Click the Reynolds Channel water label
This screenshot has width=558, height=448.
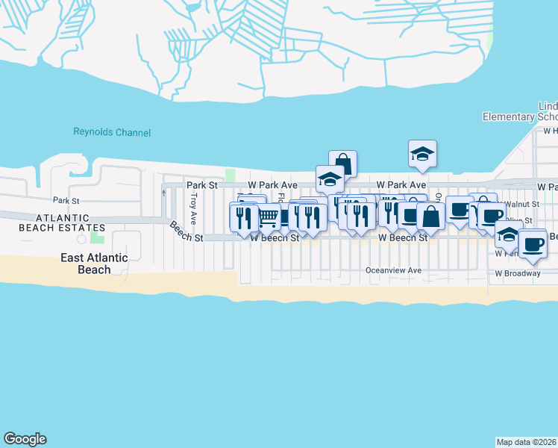pyautogui.click(x=112, y=132)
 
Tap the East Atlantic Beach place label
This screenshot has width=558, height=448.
pyautogui.click(x=93, y=263)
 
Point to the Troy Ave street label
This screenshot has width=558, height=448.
pyautogui.click(x=193, y=209)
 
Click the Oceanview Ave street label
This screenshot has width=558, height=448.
pyautogui.click(x=393, y=270)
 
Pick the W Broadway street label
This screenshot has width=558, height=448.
pyautogui.click(x=517, y=273)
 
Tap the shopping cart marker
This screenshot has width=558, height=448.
pyautogui.click(x=268, y=217)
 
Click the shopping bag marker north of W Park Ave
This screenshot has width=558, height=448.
pyautogui.click(x=342, y=164)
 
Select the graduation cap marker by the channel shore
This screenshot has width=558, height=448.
pyautogui.click(x=422, y=154)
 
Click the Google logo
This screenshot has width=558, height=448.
pyautogui.click(x=25, y=439)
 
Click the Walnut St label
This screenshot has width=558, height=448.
pyautogui.click(x=521, y=204)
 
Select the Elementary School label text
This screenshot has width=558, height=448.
pyautogui.click(x=520, y=116)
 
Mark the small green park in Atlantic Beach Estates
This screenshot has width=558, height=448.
pyautogui.click(x=96, y=237)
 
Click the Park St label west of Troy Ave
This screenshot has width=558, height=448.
pyautogui.click(x=66, y=200)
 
